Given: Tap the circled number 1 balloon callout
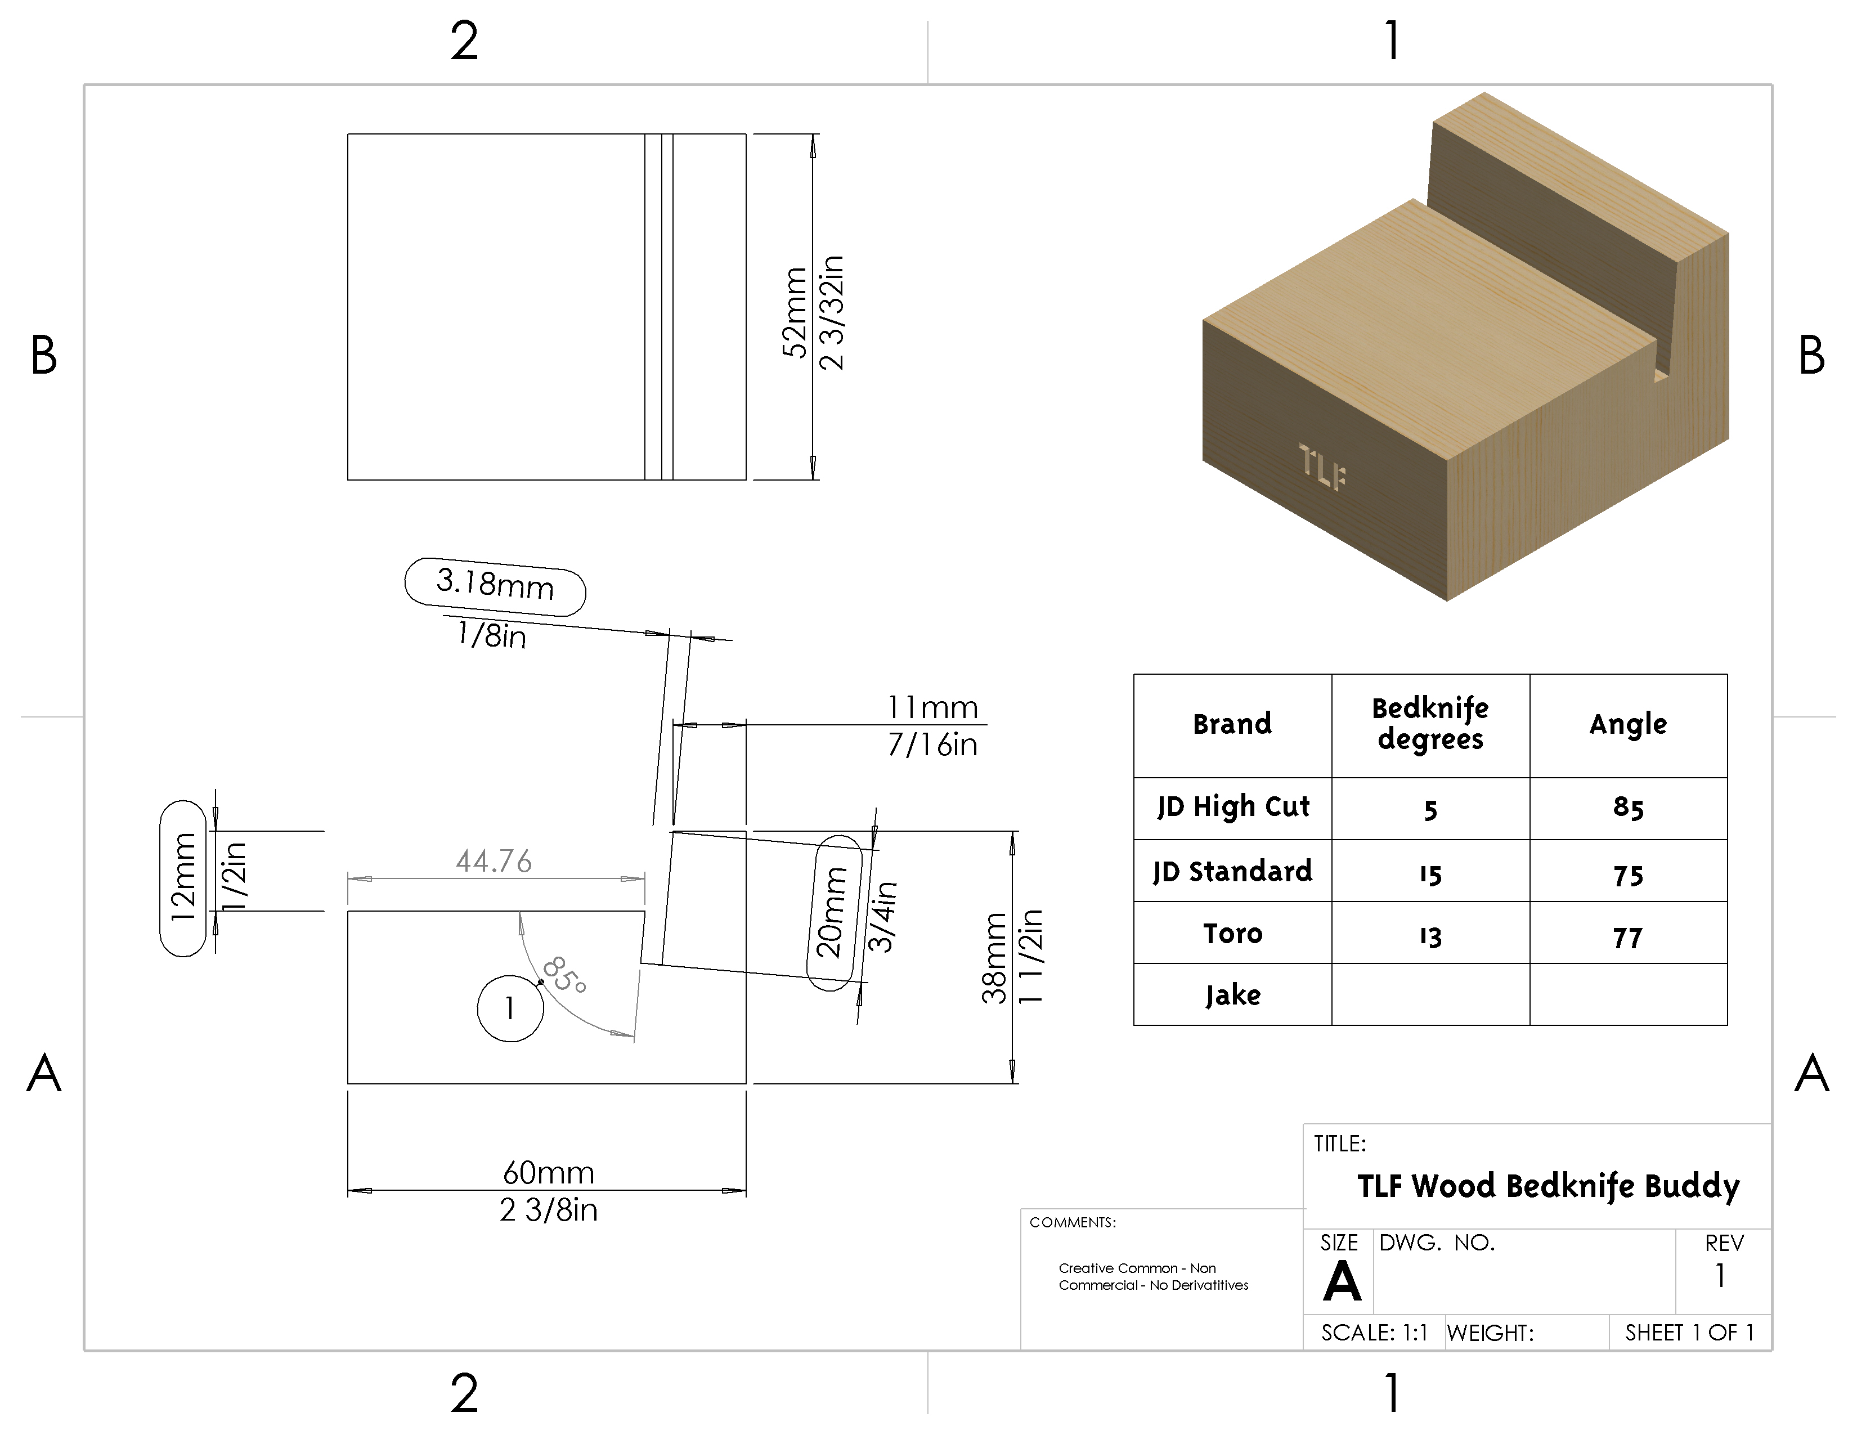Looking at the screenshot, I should tap(510, 1008).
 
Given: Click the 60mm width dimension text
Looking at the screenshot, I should tap(549, 1173).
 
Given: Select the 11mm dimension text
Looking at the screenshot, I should tap(933, 707).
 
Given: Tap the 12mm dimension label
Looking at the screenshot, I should tap(183, 877).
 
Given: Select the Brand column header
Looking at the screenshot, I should tap(1232, 724).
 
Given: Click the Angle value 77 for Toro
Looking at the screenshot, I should tap(1627, 938).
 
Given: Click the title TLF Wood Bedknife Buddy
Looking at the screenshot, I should tap(1547, 1186).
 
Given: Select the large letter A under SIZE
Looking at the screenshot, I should tap(1342, 1281).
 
